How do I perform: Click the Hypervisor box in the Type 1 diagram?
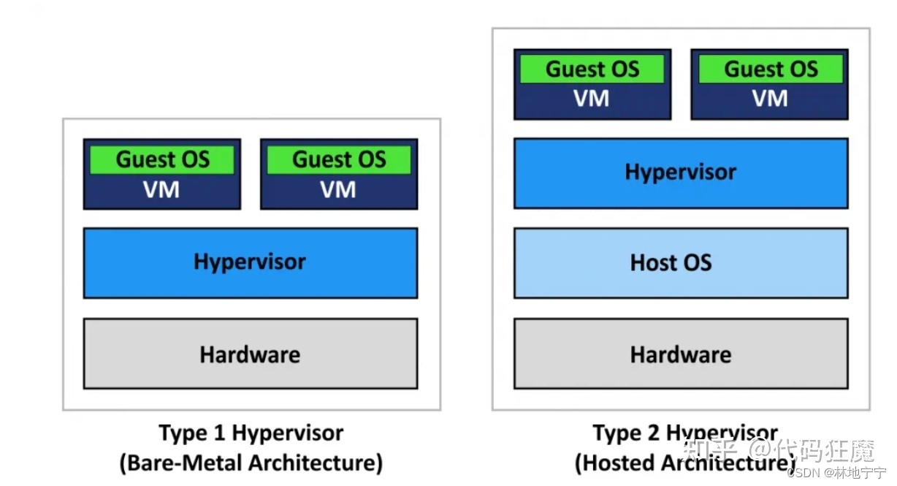coord(250,262)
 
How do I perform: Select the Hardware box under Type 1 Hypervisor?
coord(250,354)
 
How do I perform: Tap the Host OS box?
coord(681,262)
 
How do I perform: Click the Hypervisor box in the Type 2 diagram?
coord(681,172)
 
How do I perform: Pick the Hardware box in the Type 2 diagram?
coord(681,354)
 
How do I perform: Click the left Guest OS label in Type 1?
coord(162,159)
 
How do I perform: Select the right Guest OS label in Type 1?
coord(339,159)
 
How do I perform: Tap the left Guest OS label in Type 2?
coord(592,69)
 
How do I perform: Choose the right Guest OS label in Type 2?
coord(770,69)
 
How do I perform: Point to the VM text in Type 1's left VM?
coord(161,190)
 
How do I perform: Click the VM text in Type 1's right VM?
coord(338,190)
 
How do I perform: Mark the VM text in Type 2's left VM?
coord(592,99)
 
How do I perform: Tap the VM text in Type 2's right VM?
coord(770,99)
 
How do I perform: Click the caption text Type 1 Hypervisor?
coord(251,433)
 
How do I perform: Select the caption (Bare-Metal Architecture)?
coord(251,463)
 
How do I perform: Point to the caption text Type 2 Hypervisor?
coord(685,433)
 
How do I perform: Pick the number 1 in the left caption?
coord(218,433)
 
